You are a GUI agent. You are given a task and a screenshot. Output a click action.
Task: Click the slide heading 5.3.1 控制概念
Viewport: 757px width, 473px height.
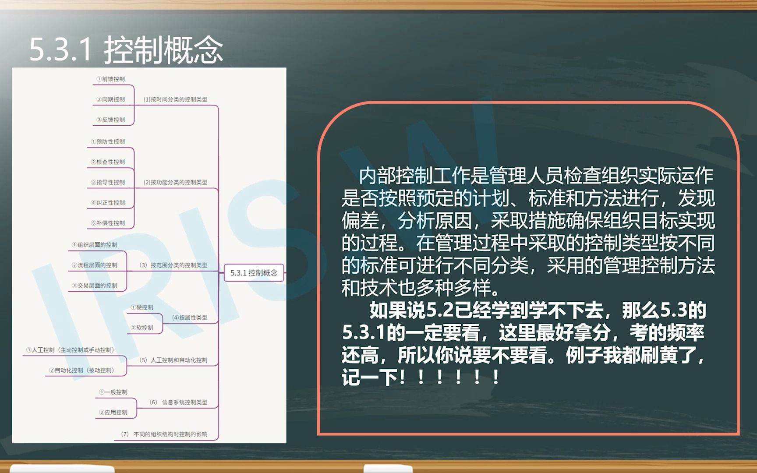pyautogui.click(x=126, y=50)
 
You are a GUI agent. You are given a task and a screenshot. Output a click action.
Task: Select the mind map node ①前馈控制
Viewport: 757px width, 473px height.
pyautogui.click(x=111, y=79)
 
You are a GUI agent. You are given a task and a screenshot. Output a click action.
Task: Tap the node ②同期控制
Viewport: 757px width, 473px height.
pyautogui.click(x=111, y=99)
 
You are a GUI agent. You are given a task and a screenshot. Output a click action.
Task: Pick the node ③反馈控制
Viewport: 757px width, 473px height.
pyautogui.click(x=111, y=120)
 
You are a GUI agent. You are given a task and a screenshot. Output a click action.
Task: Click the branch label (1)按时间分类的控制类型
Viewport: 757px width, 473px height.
pyautogui.click(x=175, y=99)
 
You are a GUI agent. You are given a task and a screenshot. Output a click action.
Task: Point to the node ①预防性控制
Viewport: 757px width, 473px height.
pyautogui.click(x=108, y=141)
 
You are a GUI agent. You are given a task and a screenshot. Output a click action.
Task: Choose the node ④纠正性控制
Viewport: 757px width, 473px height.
pyautogui.click(x=108, y=203)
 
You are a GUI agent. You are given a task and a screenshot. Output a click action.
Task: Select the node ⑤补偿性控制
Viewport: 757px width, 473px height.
pyautogui.click(x=108, y=223)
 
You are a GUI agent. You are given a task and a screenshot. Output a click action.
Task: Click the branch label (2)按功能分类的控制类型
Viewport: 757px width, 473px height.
pyautogui.click(x=175, y=182)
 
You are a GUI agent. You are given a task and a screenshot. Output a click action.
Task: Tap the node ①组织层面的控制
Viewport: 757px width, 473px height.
pyautogui.click(x=95, y=245)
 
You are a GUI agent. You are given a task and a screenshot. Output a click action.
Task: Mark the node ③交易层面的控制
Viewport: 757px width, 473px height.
pyautogui.click(x=95, y=286)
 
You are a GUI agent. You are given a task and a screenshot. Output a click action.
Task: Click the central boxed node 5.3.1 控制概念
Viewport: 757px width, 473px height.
pyautogui.click(x=254, y=273)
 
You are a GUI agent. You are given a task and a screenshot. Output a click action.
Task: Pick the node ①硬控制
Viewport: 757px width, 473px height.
pyautogui.click(x=142, y=307)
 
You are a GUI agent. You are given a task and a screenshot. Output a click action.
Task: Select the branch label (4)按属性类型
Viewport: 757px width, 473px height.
pyautogui.click(x=189, y=318)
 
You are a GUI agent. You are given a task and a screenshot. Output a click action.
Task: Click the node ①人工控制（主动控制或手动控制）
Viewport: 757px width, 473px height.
pyautogui.click(x=70, y=350)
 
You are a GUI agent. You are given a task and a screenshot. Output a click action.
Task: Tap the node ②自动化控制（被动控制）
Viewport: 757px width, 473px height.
pyautogui.click(x=81, y=371)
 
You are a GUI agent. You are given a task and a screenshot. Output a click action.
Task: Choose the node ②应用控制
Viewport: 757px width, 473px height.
pyautogui.click(x=113, y=413)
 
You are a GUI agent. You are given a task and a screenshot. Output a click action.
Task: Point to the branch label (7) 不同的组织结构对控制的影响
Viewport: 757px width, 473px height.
pyautogui.click(x=164, y=434)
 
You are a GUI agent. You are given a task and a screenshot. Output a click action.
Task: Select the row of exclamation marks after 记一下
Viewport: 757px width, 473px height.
pyautogui.click(x=449, y=378)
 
